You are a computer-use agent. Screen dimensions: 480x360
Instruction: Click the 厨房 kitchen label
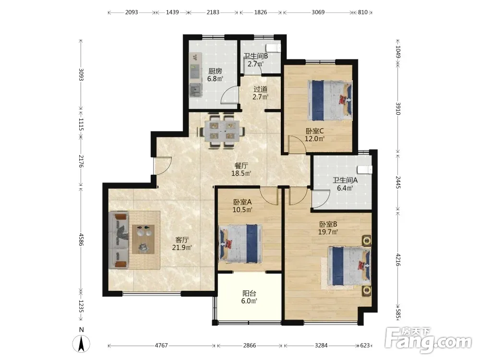point(215,72)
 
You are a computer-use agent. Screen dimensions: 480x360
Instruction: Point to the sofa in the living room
point(119,240)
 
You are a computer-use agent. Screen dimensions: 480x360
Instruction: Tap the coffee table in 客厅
point(143,239)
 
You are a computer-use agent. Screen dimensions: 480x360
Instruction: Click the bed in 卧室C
point(330,100)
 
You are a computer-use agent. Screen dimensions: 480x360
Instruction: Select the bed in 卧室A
point(240,244)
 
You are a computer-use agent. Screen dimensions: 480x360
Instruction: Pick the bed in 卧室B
point(349,265)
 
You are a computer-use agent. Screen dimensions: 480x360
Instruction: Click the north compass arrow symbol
point(81,343)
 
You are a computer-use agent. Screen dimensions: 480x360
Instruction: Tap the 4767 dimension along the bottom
point(161,345)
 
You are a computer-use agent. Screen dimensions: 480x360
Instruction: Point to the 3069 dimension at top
point(318,12)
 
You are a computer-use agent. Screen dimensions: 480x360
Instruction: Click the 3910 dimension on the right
point(398,108)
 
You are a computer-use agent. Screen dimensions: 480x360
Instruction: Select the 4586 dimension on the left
point(81,240)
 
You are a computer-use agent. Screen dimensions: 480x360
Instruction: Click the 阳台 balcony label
point(249,293)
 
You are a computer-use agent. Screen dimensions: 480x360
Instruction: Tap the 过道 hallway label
point(261,89)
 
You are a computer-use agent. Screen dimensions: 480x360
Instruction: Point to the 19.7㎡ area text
point(328,232)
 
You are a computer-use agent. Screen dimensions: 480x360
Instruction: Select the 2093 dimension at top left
point(132,12)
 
